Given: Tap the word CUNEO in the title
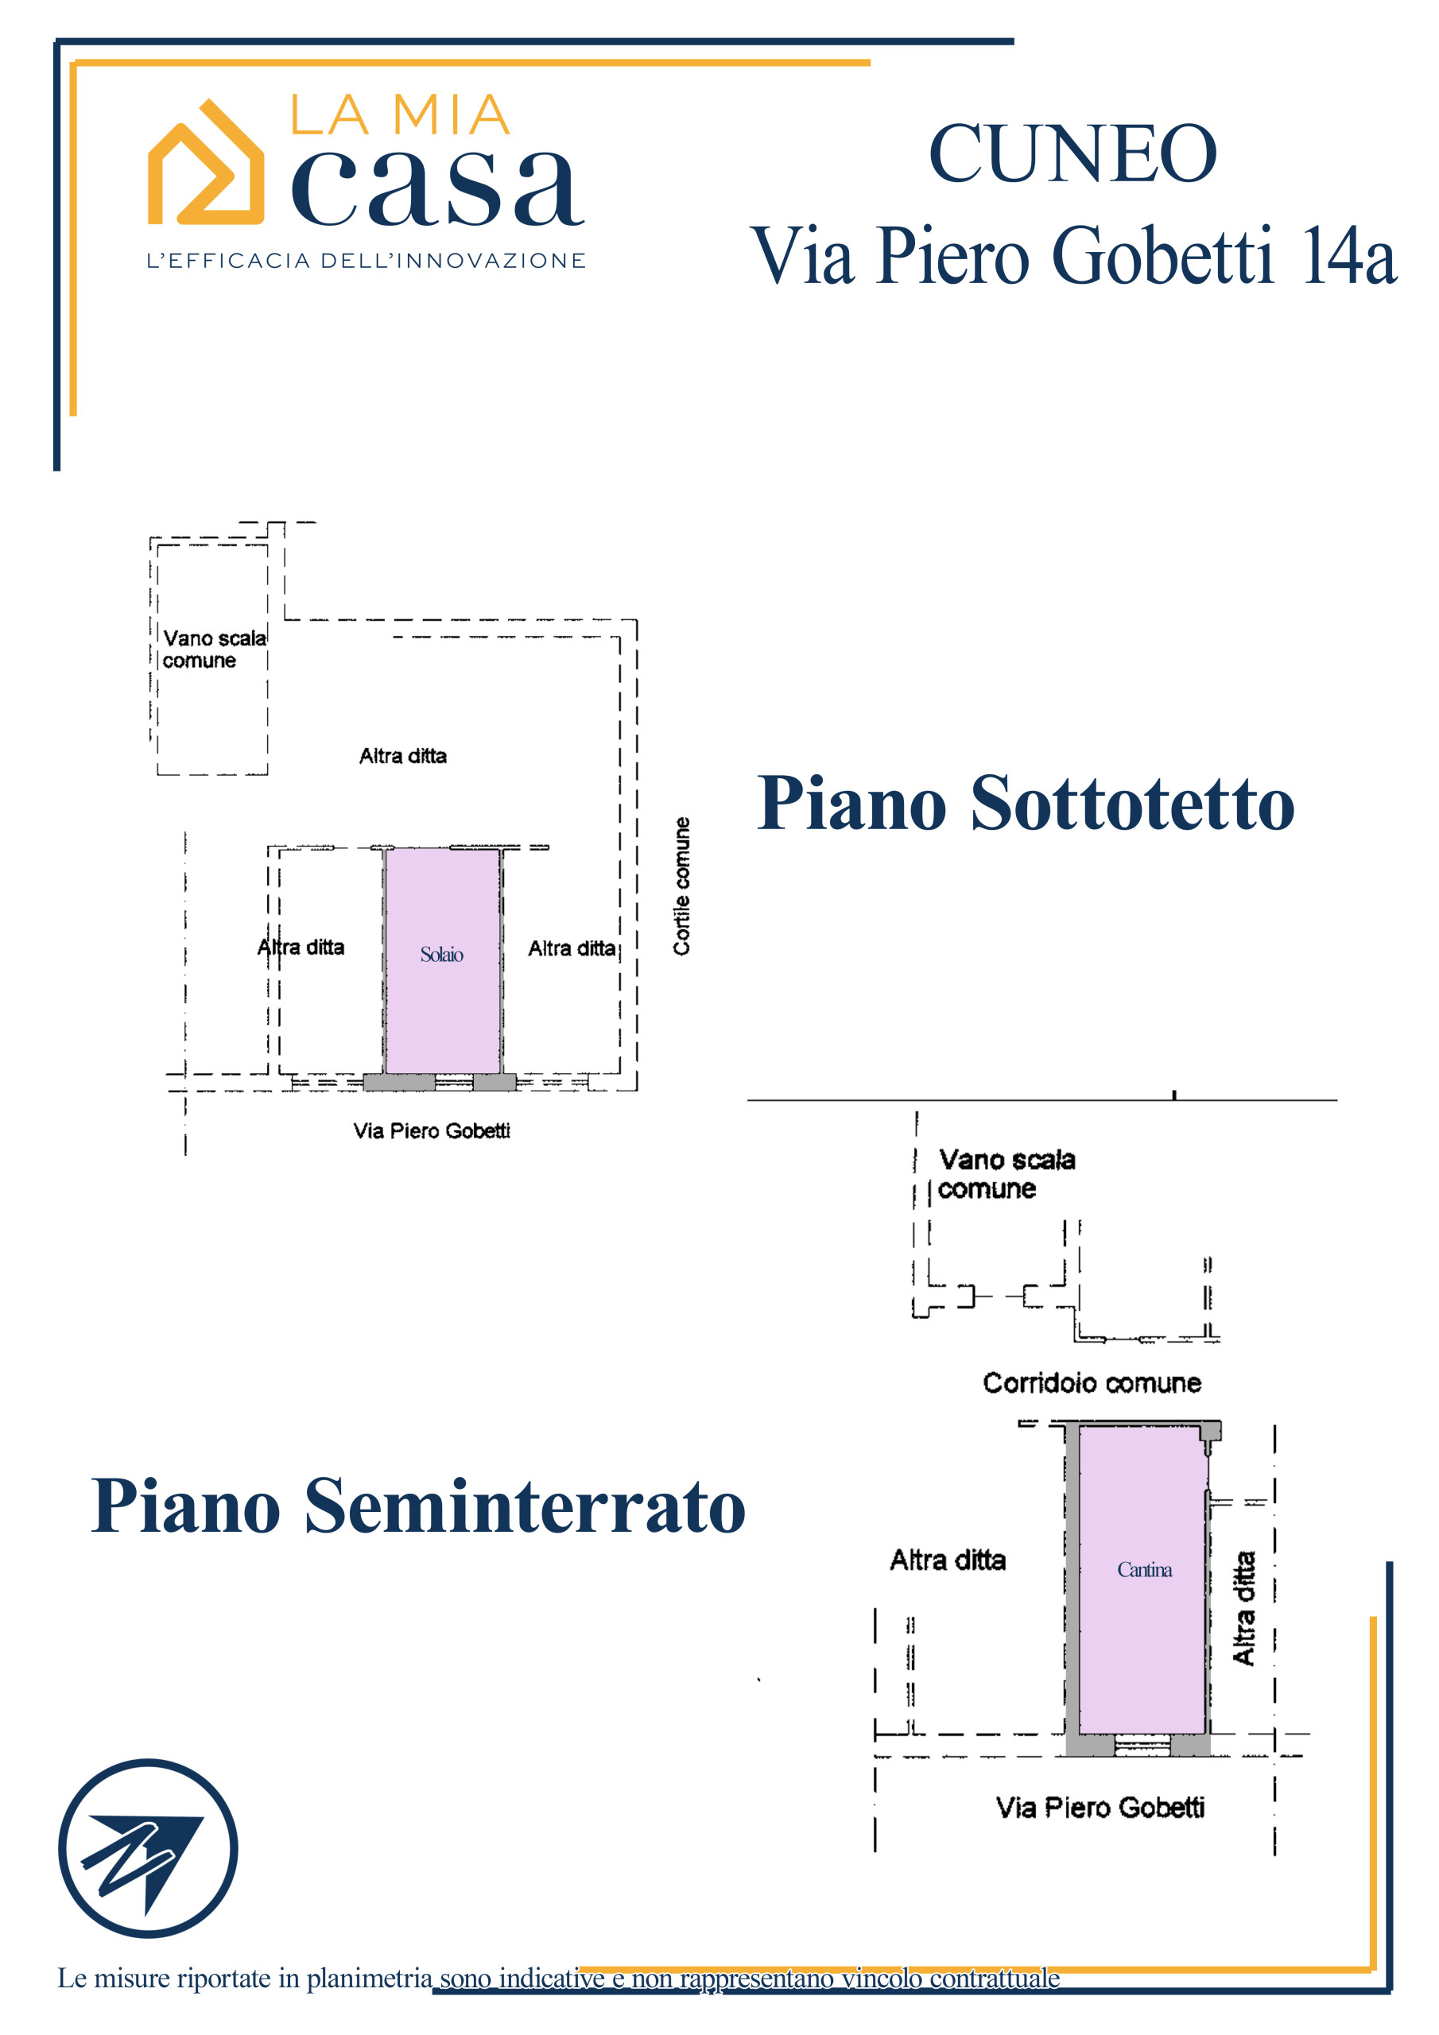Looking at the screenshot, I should point(1072,154).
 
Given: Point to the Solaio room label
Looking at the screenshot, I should point(441,955).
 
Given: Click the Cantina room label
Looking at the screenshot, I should point(1144,1570).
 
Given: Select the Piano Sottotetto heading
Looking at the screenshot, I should point(1025,803).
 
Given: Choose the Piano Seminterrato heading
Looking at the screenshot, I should point(417,1506).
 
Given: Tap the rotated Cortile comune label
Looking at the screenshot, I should point(681,886).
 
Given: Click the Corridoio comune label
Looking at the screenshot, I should point(1092,1382).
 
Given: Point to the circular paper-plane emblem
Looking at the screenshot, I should point(148,1848).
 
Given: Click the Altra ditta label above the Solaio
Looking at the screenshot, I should point(402,756).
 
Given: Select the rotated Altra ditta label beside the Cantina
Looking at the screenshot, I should point(1244,1608).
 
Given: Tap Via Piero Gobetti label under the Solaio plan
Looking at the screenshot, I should point(432,1131).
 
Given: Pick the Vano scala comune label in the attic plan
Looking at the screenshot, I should point(214,649).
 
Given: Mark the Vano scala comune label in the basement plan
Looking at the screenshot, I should point(1006,1173).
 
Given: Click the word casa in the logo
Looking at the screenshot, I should point(437,188).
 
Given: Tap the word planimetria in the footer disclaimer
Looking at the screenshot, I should point(369,1978).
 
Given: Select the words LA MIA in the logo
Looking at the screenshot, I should point(400,116).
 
